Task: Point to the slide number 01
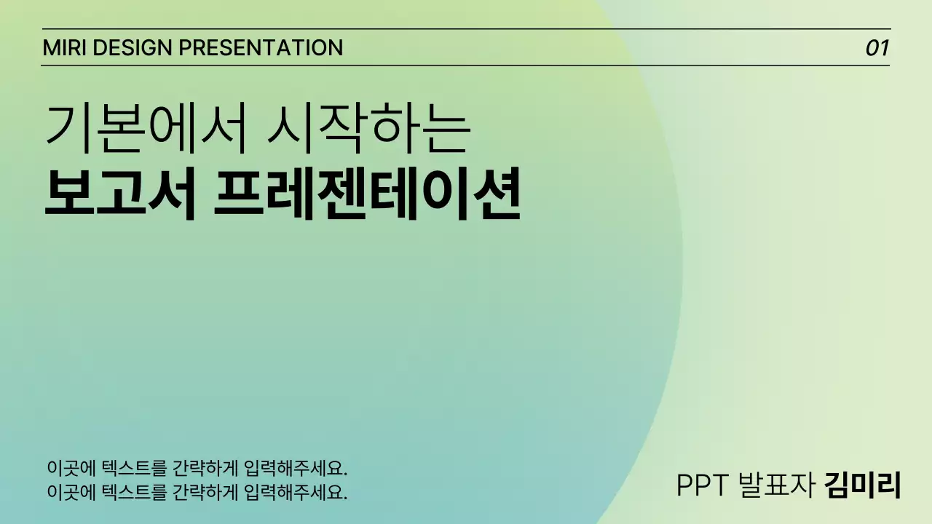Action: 877,49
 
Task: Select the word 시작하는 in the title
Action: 367,128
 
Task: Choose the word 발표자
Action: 776,485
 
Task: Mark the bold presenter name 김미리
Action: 864,485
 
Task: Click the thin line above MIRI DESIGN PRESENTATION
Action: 466,29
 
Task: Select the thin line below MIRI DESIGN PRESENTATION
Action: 466,65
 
